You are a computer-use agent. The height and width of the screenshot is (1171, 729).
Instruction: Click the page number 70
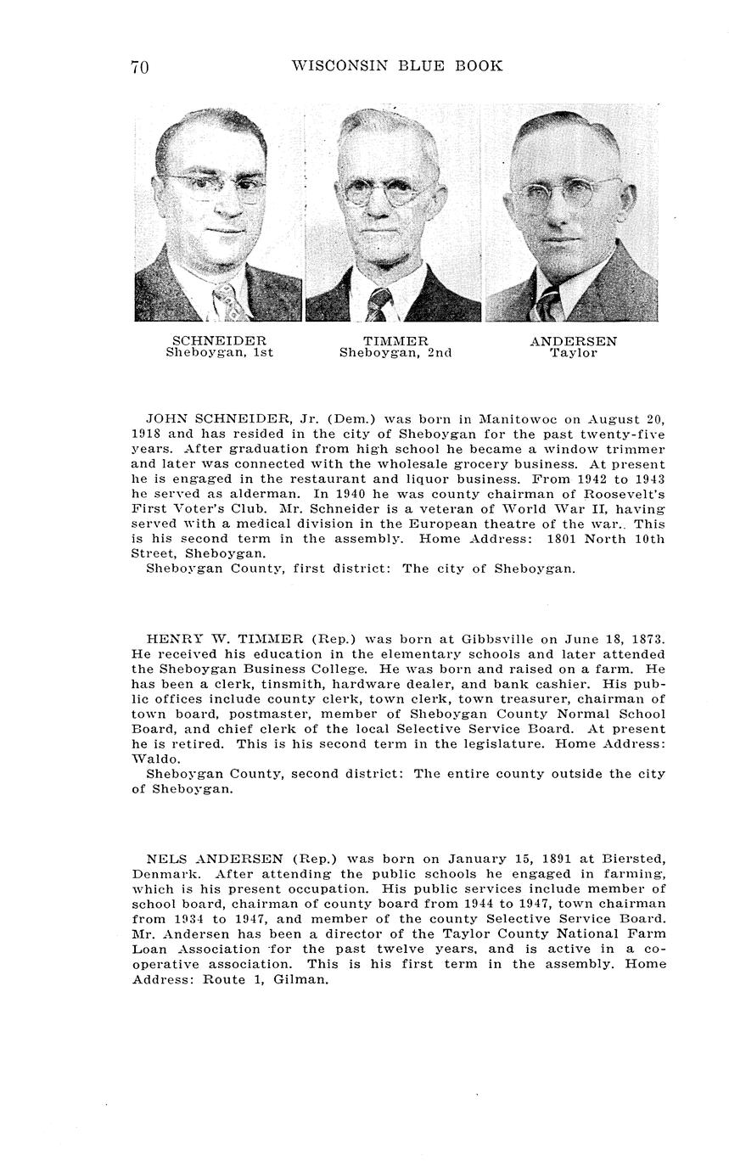tap(140, 68)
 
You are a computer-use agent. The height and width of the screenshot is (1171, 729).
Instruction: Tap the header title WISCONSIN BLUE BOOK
tap(396, 66)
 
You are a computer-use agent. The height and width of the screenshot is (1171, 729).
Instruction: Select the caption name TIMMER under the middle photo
tap(395, 341)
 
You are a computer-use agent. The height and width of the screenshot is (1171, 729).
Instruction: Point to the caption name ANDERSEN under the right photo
tap(574, 341)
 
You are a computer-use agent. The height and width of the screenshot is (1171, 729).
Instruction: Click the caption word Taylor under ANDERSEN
tap(574, 353)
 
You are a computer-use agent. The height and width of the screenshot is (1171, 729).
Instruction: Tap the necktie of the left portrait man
tap(227, 302)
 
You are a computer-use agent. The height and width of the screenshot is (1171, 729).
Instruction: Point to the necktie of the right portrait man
tap(548, 304)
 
